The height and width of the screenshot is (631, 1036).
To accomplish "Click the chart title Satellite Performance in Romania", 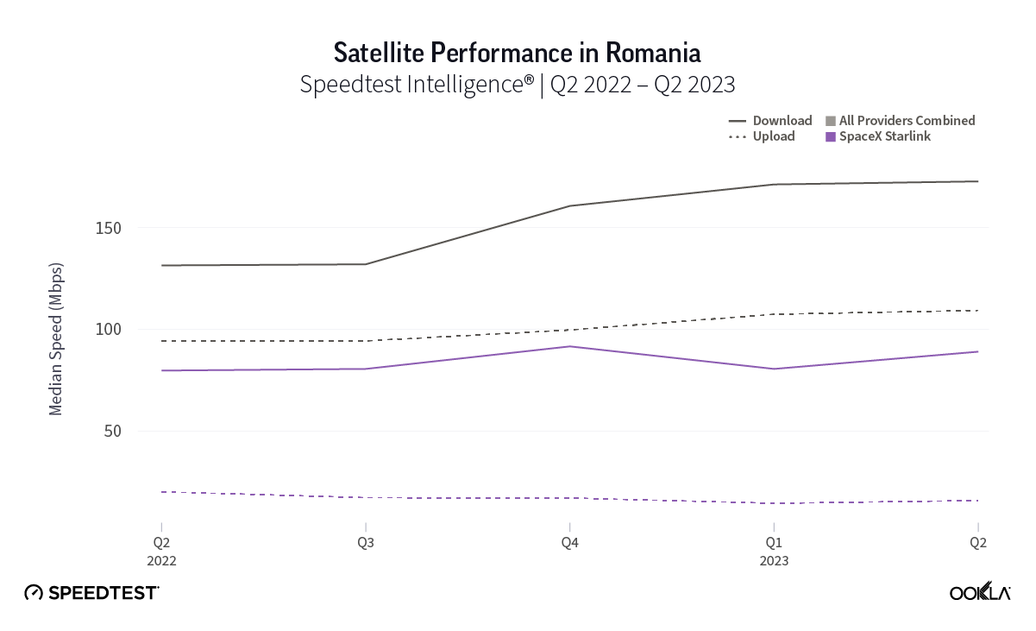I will [517, 53].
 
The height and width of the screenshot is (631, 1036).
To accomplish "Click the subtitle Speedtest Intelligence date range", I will [517, 85].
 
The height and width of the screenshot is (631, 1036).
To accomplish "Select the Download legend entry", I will [771, 121].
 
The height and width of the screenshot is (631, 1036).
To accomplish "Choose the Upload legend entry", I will [763, 136].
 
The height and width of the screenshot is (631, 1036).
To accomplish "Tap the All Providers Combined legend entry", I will [901, 121].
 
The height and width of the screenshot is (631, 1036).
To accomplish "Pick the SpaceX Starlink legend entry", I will [878, 136].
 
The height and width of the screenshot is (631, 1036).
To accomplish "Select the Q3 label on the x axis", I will [366, 543].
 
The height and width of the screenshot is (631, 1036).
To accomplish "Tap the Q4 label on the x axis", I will [569, 543].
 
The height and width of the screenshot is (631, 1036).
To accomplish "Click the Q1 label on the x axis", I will [774, 543].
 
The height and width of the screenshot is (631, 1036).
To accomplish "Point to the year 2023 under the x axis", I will [774, 560].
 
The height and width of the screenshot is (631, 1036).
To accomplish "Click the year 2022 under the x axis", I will [161, 560].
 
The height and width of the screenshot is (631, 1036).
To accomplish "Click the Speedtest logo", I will [91, 592].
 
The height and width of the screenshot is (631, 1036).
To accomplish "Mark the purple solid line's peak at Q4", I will [569, 346].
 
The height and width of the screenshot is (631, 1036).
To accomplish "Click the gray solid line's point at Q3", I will [366, 264].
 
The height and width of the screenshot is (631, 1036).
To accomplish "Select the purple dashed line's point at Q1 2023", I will [774, 503].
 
